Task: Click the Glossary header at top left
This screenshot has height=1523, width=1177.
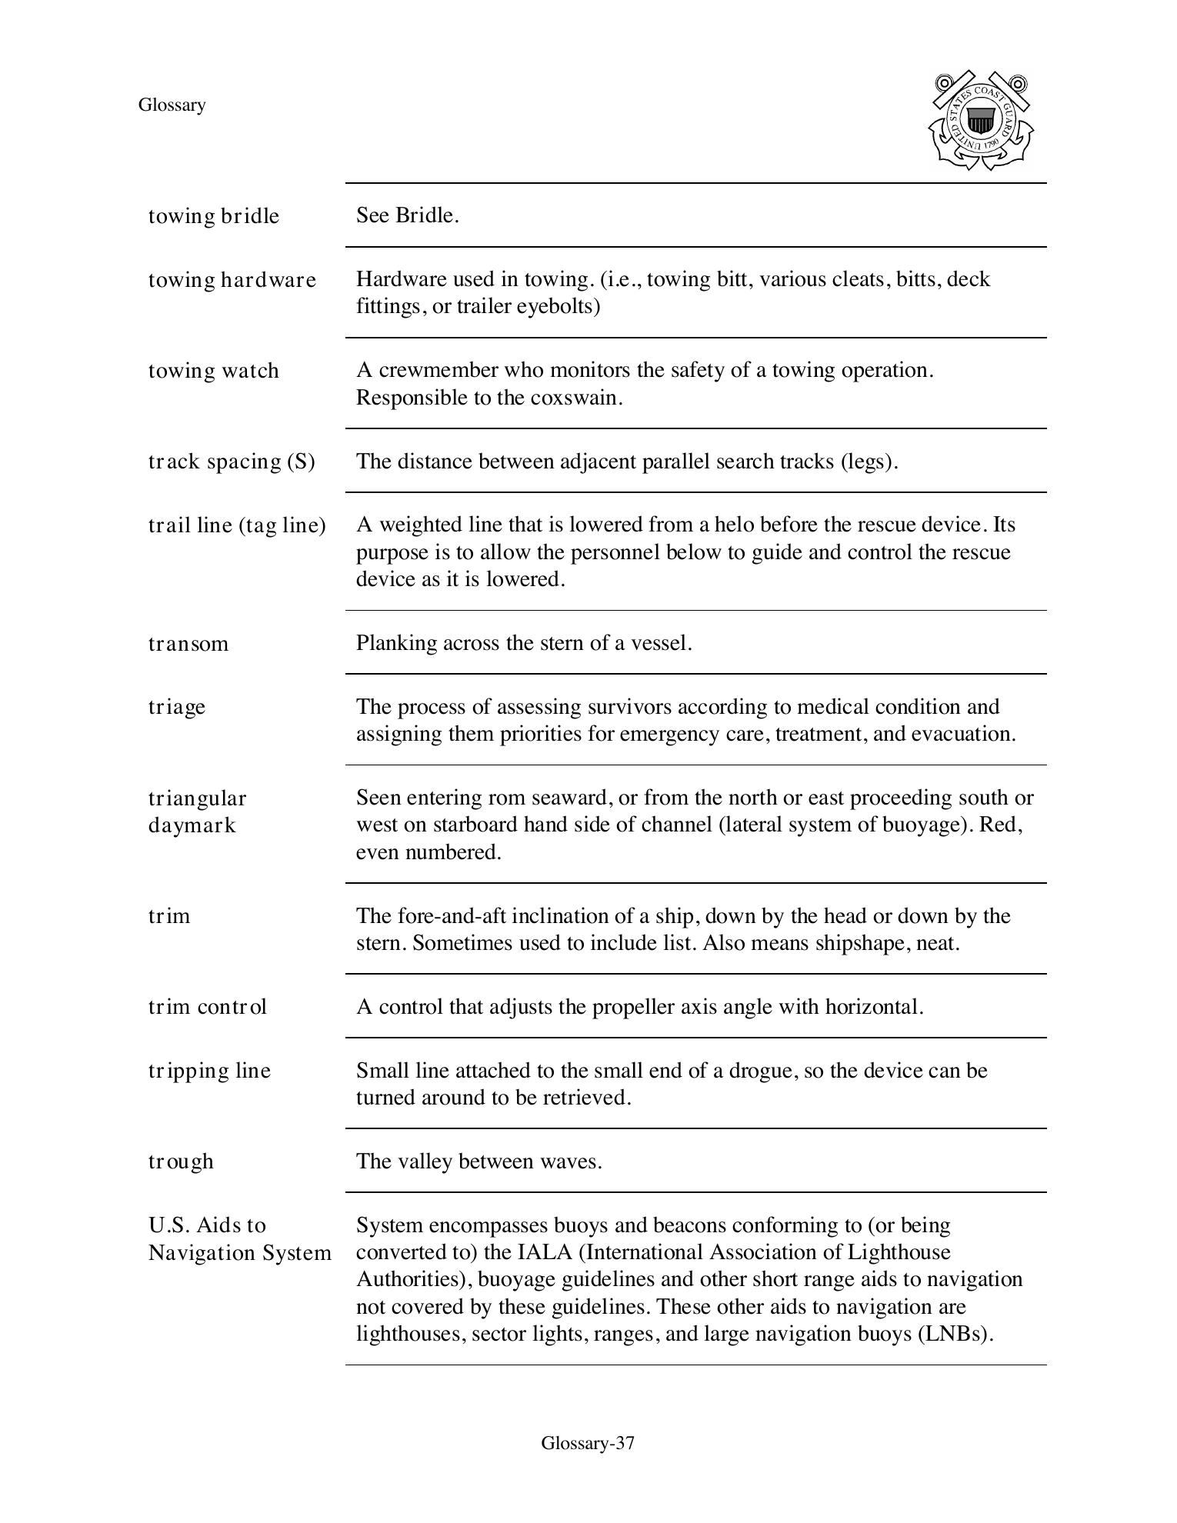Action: (172, 105)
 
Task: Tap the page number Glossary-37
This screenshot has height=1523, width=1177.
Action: (588, 1443)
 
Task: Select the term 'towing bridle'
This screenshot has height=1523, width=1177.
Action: (213, 216)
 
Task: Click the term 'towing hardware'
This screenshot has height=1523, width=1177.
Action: (232, 280)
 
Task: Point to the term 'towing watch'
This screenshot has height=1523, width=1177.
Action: (213, 371)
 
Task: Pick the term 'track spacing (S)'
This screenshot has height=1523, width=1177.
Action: (232, 462)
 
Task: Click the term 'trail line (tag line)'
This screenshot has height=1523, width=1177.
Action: (237, 525)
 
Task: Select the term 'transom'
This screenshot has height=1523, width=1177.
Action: (188, 644)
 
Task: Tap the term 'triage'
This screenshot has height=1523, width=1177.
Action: (177, 707)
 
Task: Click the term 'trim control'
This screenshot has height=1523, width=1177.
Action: (207, 1007)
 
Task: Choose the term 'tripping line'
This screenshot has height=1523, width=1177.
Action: (209, 1071)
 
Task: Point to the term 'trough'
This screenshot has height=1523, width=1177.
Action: (181, 1161)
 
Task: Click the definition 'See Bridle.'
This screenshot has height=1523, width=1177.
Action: (407, 215)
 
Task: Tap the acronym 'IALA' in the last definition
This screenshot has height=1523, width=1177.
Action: (545, 1252)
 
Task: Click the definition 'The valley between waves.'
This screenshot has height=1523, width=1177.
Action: (478, 1161)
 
